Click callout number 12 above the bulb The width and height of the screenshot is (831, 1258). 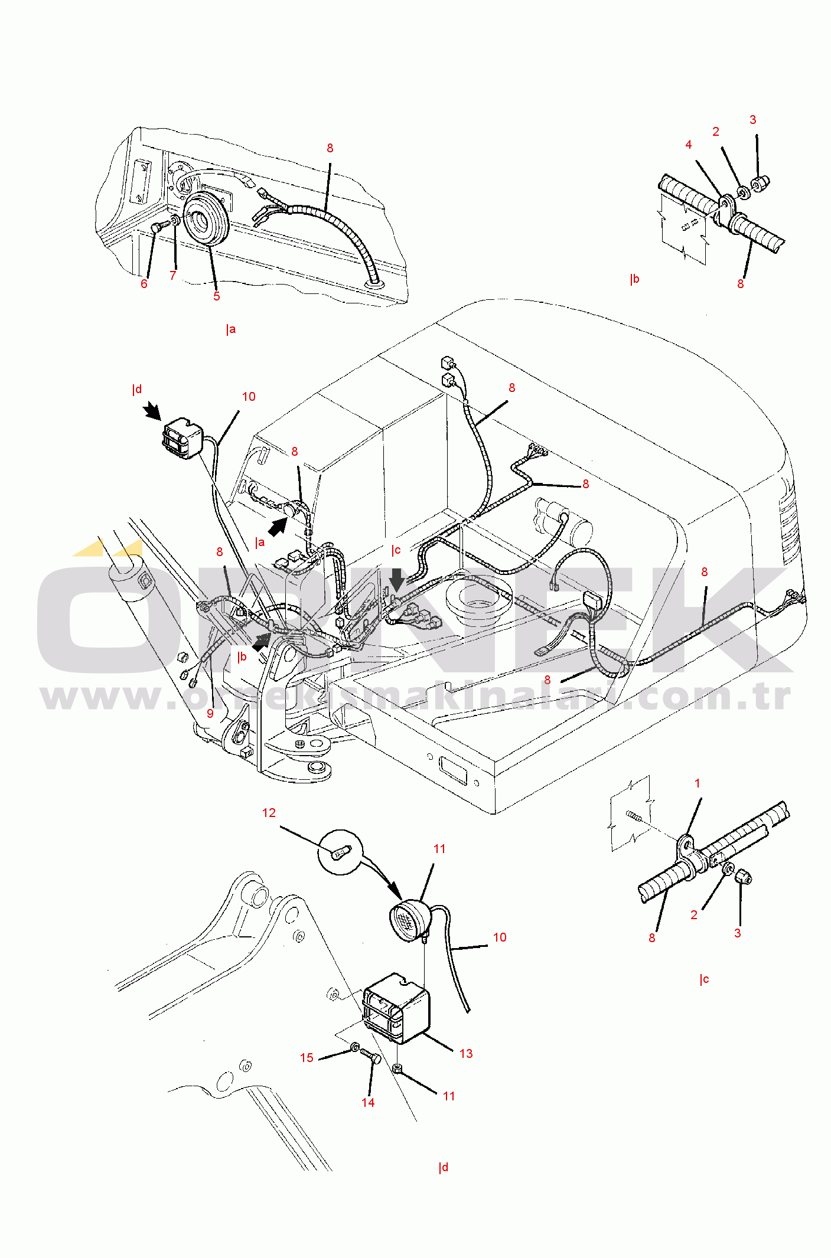(269, 813)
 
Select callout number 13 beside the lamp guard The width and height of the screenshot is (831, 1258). (466, 1054)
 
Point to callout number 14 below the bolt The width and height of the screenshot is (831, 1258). (368, 1103)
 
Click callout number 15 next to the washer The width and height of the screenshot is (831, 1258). (307, 1058)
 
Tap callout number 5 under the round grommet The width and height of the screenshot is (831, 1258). (217, 296)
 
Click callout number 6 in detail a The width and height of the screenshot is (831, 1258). (144, 284)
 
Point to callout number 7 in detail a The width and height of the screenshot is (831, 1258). (173, 276)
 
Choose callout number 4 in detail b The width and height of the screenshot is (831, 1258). (689, 145)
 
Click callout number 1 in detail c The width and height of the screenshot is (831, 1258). (698, 783)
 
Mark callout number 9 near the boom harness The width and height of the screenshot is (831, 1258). (210, 714)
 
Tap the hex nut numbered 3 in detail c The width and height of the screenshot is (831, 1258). (744, 877)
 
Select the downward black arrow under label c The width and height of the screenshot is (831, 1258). (397, 579)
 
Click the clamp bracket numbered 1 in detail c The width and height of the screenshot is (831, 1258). (686, 846)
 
